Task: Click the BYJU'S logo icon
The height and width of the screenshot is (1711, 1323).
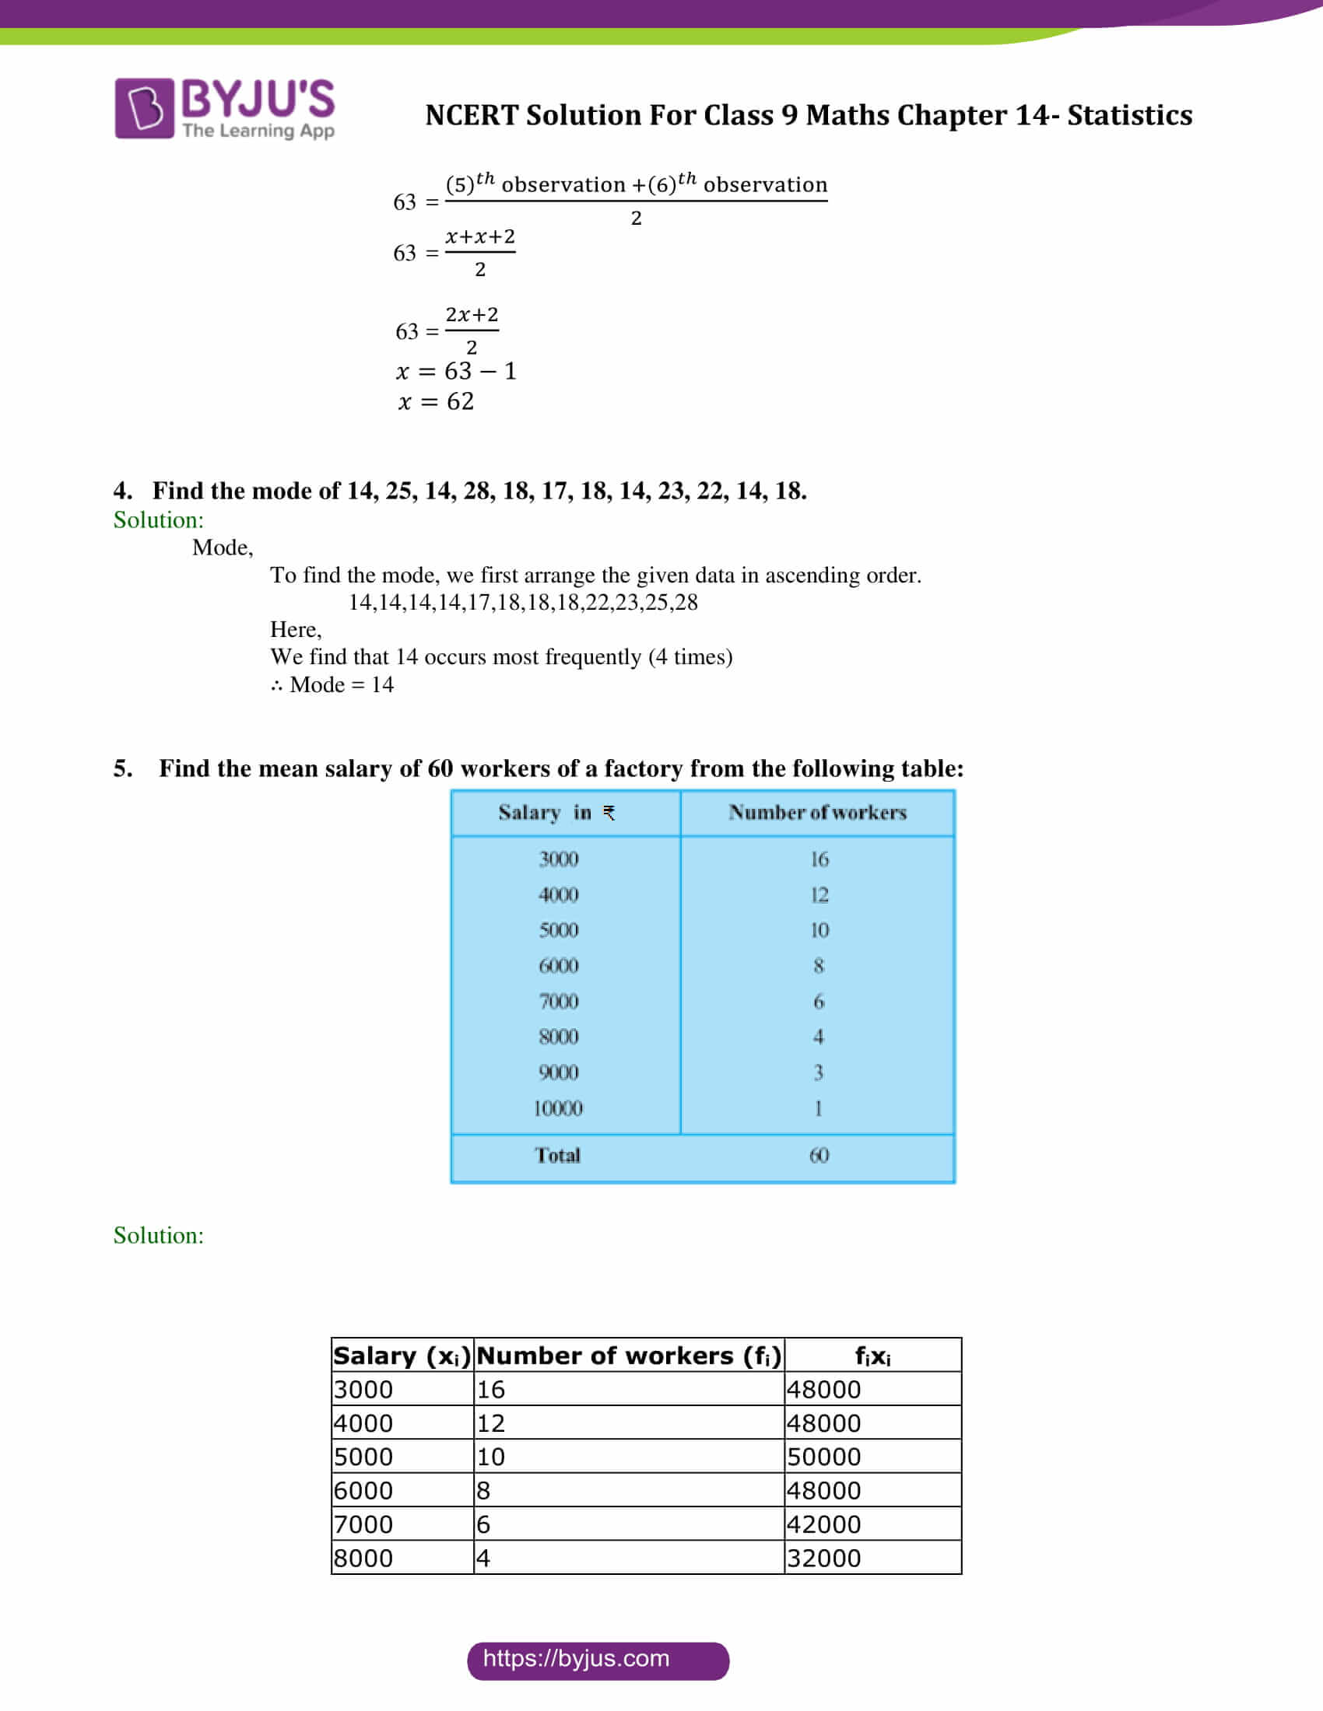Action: (x=144, y=108)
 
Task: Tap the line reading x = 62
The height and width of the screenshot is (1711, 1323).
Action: (x=435, y=402)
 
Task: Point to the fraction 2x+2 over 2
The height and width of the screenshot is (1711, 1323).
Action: (x=471, y=331)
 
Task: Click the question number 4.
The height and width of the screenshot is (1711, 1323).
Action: (x=122, y=491)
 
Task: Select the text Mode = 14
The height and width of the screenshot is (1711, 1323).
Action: (x=341, y=684)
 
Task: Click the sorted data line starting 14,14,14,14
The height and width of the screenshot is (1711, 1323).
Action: (x=523, y=603)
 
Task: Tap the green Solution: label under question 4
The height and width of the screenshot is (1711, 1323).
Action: (x=158, y=520)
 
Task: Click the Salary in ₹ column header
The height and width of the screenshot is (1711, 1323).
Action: (x=556, y=813)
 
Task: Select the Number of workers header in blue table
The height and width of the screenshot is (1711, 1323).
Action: (x=817, y=813)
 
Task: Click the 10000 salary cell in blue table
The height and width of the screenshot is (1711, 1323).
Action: (x=557, y=1108)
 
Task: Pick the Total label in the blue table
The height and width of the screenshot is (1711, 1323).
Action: (x=557, y=1156)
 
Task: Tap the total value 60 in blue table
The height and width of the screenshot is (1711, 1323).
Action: (x=818, y=1156)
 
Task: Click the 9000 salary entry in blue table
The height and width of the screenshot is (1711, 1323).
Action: (x=558, y=1072)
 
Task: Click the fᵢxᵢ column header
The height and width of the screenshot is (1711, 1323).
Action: (x=872, y=1356)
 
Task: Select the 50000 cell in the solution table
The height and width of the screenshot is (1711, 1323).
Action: (x=823, y=1457)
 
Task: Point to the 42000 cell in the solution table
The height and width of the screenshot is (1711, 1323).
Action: (x=823, y=1524)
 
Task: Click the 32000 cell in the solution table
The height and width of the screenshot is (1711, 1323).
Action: (x=823, y=1559)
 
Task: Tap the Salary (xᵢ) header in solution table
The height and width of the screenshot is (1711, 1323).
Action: (x=402, y=1356)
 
